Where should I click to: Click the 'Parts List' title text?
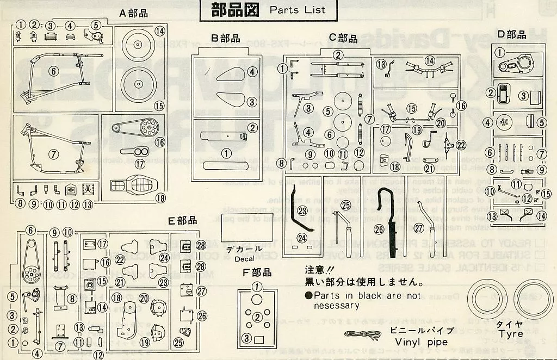pyautogui.click(x=298, y=10)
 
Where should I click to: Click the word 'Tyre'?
pyautogui.click(x=509, y=332)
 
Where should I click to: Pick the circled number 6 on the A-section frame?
pyautogui.click(x=53, y=71)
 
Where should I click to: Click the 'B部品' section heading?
pyautogui.click(x=226, y=38)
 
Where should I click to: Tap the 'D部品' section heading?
pyautogui.click(x=512, y=35)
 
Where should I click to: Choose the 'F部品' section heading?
pyautogui.click(x=257, y=273)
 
